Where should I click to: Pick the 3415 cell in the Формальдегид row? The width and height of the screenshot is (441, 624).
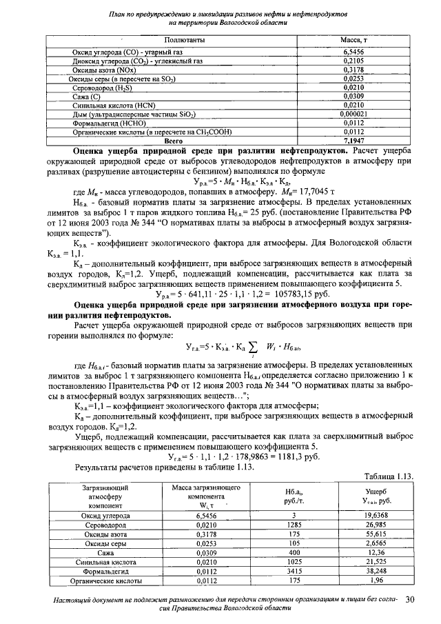(291, 572)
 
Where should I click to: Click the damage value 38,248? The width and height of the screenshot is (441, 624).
(378, 572)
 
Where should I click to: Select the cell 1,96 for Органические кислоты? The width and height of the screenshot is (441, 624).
(378, 581)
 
